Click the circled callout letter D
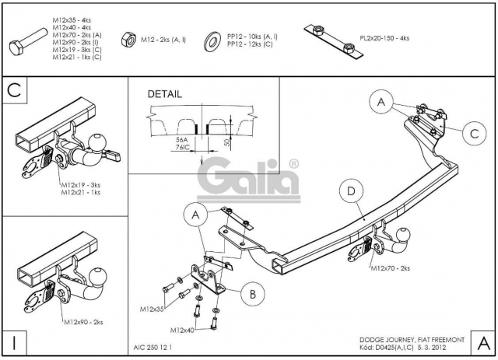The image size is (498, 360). click(351, 191)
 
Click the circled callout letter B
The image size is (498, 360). click(252, 294)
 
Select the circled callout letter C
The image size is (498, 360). click(474, 134)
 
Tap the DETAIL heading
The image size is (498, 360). click(165, 94)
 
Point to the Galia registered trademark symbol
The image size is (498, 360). click(294, 164)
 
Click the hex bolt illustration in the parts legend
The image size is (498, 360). click(28, 42)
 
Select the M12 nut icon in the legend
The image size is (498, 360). click(128, 40)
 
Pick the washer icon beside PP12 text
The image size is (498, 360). click(212, 41)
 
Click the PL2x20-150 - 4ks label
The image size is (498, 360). click(384, 38)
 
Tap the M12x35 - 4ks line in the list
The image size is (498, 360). click(72, 20)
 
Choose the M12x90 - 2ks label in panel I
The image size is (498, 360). click(83, 322)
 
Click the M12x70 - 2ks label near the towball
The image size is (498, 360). click(391, 268)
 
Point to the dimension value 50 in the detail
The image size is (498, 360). click(226, 142)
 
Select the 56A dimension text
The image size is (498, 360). click(181, 140)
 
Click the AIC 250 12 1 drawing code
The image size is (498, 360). click(153, 348)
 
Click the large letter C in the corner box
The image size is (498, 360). click(14, 90)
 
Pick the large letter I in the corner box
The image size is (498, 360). click(14, 343)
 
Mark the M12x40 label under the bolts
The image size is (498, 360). click(182, 330)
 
